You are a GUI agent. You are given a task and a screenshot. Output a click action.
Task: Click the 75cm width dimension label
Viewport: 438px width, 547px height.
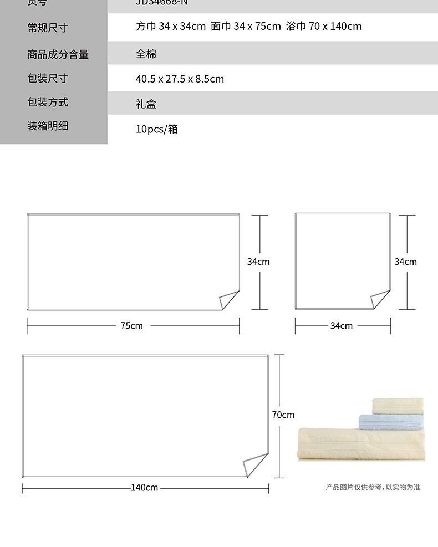132,326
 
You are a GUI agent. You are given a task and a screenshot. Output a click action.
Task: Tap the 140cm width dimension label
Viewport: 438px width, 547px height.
144,488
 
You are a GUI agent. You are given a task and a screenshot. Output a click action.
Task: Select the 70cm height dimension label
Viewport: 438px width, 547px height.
283,415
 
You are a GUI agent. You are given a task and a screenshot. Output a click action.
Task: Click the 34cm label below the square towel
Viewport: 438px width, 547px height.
342,326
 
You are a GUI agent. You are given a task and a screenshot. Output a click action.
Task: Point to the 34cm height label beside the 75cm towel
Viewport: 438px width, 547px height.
258,262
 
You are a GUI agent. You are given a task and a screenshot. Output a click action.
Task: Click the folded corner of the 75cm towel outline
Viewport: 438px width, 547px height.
228,300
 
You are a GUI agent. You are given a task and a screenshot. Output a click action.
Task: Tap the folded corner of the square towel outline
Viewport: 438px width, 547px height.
380,300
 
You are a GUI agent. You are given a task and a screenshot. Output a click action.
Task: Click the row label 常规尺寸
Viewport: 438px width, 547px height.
47,28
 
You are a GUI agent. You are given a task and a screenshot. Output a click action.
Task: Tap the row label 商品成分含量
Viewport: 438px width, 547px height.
58,54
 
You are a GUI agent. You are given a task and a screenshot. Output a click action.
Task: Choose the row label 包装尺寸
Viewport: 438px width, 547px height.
47,78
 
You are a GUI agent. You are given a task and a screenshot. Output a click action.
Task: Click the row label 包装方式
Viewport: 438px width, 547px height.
47,102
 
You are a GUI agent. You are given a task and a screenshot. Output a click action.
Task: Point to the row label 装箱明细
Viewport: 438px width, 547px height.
47,126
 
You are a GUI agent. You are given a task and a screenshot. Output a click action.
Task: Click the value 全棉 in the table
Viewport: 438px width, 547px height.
146,54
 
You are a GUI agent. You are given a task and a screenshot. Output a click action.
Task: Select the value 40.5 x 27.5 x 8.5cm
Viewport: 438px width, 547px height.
180,79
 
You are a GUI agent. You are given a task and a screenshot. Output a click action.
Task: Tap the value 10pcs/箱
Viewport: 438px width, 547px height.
157,129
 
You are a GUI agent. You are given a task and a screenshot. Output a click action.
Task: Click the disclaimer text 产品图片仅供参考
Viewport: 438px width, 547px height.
354,488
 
